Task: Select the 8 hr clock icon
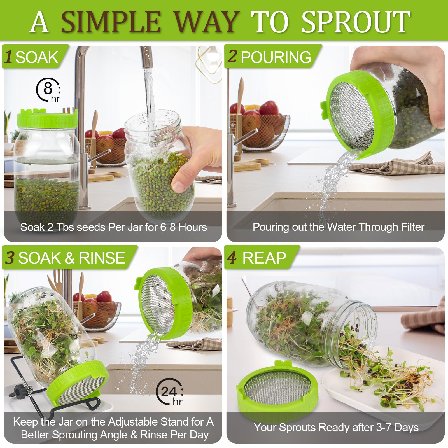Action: [x=48, y=90]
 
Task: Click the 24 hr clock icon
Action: [x=170, y=392]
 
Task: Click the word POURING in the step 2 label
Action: [x=276, y=57]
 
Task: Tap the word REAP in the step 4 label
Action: [x=264, y=258]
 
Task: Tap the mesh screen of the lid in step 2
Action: [x=352, y=115]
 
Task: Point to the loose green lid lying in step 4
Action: [x=277, y=389]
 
